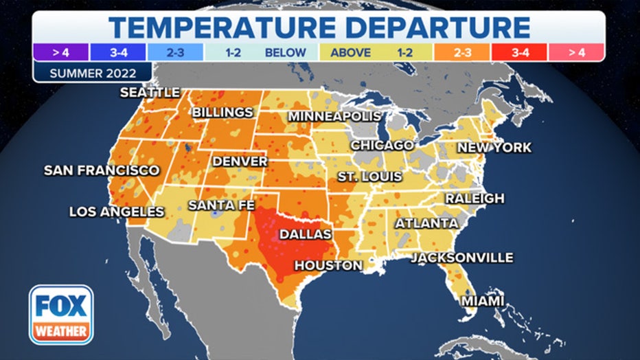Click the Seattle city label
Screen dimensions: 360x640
point(150,92)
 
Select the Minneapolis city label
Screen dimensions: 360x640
point(334,116)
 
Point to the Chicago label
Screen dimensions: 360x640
point(382,145)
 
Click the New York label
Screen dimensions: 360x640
point(494,147)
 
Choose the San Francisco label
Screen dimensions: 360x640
point(102,170)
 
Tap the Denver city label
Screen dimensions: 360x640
point(240,161)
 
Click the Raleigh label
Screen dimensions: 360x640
point(475,198)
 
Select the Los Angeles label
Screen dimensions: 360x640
point(117,212)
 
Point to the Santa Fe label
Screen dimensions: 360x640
point(222,205)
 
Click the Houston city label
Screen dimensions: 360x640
point(328,265)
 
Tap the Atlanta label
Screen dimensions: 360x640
point(426,223)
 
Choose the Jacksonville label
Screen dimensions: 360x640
point(462,258)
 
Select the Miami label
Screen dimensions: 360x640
point(483,301)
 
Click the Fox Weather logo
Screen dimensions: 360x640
point(61,314)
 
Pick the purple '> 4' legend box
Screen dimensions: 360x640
point(60,52)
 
